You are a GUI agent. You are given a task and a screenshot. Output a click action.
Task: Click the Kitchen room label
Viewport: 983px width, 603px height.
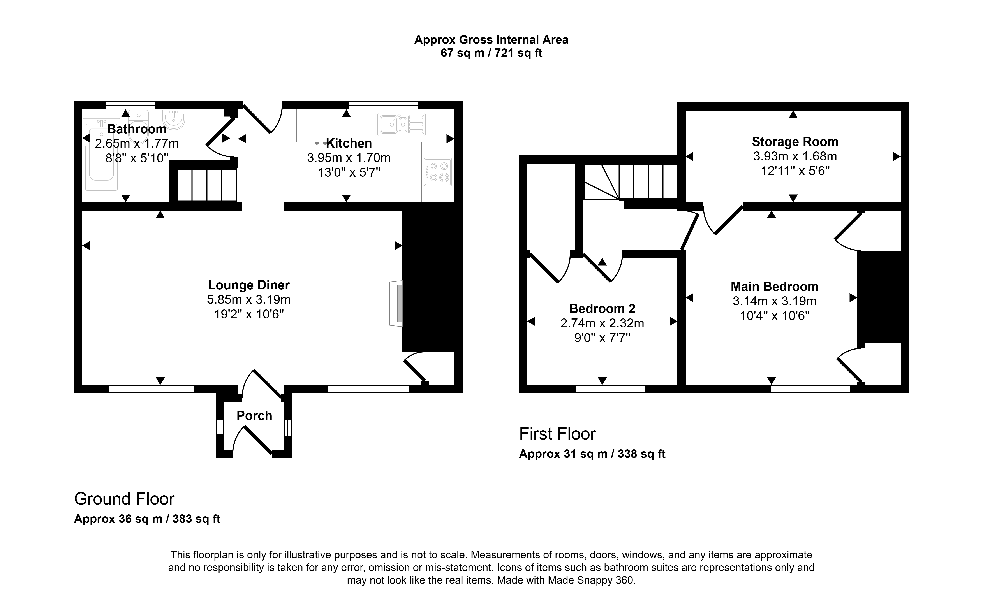pos(349,143)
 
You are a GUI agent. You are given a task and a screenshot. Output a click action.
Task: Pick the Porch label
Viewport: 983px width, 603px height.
pos(254,416)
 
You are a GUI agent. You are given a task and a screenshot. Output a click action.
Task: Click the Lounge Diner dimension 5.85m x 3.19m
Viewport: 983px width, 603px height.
pos(248,299)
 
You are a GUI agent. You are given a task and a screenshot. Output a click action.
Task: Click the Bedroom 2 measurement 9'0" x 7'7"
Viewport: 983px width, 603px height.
pos(602,338)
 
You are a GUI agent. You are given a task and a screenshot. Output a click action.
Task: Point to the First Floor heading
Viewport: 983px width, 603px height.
pos(557,434)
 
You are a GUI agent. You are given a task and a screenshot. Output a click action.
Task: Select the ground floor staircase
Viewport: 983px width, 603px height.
pos(207,185)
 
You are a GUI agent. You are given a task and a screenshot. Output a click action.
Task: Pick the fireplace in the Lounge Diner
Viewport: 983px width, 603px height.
pos(396,304)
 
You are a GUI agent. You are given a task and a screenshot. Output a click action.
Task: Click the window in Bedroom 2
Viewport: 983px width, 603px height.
pos(610,389)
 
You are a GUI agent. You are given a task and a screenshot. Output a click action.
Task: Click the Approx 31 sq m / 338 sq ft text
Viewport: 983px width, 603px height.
pos(592,454)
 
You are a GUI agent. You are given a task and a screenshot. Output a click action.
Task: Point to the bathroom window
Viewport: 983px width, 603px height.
pos(130,105)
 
